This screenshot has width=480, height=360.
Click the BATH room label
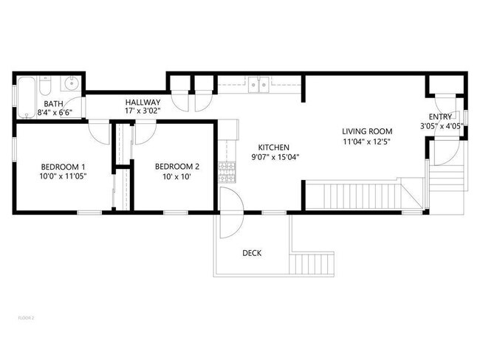point(52,104)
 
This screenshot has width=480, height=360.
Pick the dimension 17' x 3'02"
point(143,111)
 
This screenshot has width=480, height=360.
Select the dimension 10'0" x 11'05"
point(63,176)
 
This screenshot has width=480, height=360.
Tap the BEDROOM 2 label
point(176,167)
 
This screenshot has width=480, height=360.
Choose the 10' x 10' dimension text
point(176,176)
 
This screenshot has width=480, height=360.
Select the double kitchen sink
point(258,85)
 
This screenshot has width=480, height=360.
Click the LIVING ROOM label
point(367,131)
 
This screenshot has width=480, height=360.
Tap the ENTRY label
point(441,117)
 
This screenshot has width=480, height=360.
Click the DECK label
point(252,253)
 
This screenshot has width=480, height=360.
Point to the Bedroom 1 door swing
point(99,132)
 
